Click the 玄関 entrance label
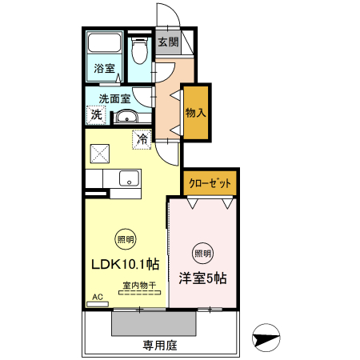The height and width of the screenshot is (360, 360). (x=166, y=43)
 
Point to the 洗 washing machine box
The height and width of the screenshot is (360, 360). (x=95, y=114)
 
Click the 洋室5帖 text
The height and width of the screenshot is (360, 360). (x=202, y=278)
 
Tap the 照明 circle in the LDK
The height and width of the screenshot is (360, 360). (x=126, y=238)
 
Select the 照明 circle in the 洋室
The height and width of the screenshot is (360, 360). (x=203, y=254)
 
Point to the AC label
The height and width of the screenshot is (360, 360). (x=98, y=298)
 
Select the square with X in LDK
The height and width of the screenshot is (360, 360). (x=101, y=151)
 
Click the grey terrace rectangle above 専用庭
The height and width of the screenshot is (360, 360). (x=154, y=323)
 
